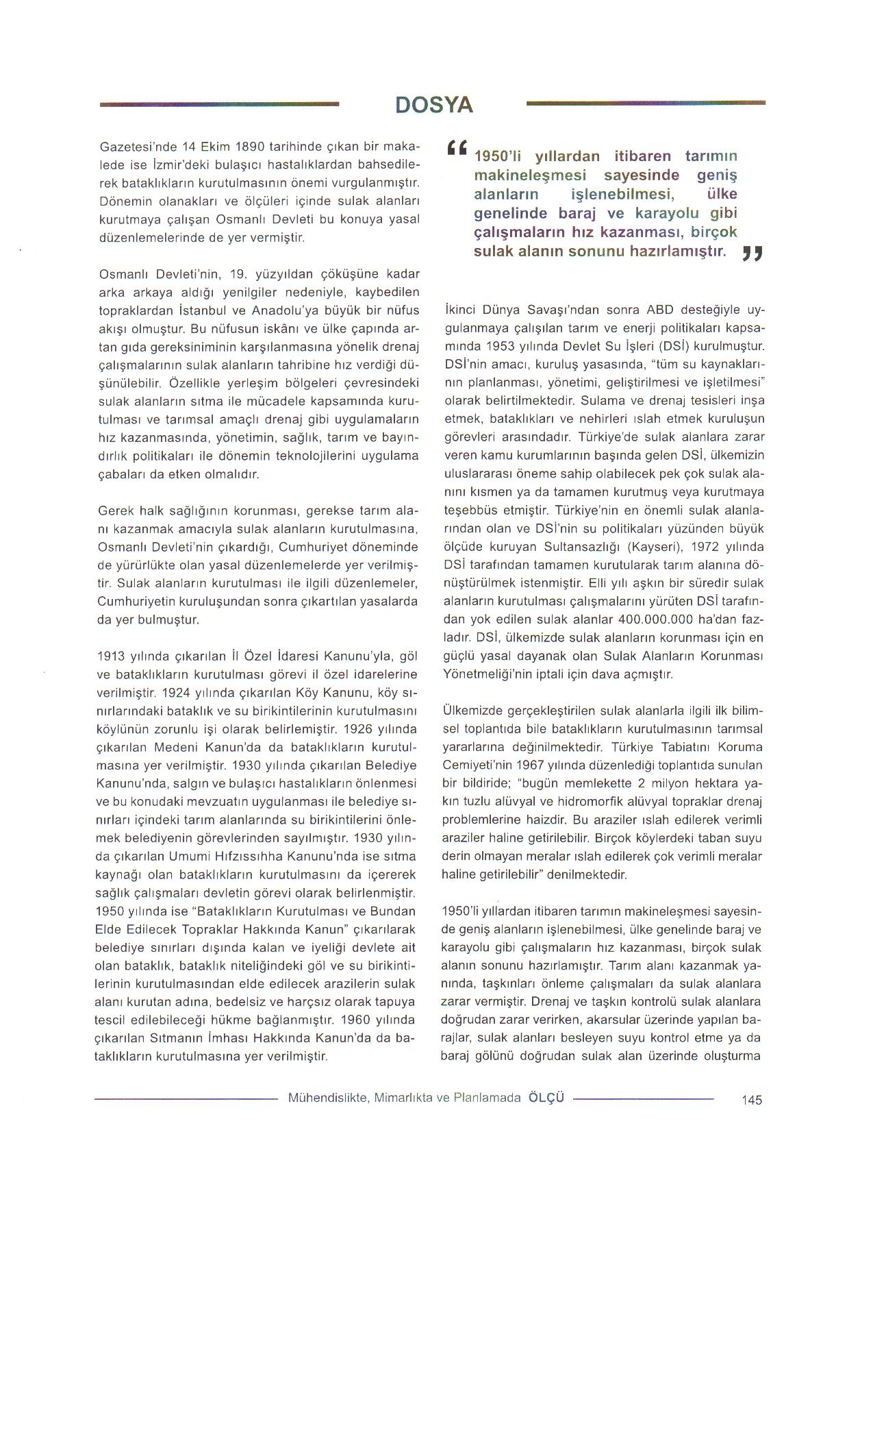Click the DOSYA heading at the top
pyautogui.click(x=434, y=105)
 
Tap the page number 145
pyautogui.click(x=751, y=1100)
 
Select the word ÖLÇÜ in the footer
pyautogui.click(x=546, y=1097)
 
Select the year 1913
pyautogui.click(x=112, y=656)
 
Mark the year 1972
pyautogui.click(x=706, y=547)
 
